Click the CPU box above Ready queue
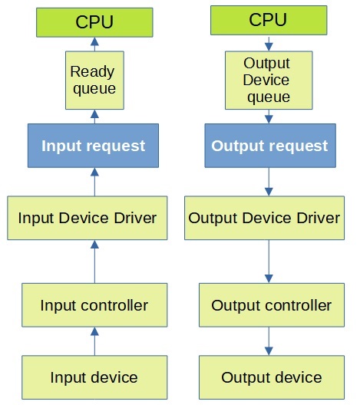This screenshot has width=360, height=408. click(94, 22)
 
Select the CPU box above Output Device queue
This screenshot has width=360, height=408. click(269, 20)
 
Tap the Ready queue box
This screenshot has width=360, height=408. click(94, 80)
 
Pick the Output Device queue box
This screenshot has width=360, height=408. click(269, 80)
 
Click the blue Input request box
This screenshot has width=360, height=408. click(93, 146)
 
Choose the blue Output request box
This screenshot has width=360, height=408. click(270, 146)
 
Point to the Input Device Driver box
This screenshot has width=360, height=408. click(88, 218)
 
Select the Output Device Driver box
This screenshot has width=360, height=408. click(264, 218)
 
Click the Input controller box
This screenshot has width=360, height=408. click(94, 305)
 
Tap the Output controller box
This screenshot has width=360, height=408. click(272, 305)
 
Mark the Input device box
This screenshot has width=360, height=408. click(94, 377)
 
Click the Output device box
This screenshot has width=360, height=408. click(272, 377)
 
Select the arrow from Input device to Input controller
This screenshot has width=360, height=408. click(94, 341)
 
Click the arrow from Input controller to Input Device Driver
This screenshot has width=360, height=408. click(94, 262)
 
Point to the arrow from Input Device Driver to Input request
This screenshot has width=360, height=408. click(94, 182)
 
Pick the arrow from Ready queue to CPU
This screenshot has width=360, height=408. click(94, 44)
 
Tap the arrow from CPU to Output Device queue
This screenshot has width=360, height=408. click(269, 44)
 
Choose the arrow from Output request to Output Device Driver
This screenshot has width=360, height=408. click(269, 182)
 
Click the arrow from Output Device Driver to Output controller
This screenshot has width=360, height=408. click(269, 262)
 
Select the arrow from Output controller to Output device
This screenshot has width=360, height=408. click(269, 341)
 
